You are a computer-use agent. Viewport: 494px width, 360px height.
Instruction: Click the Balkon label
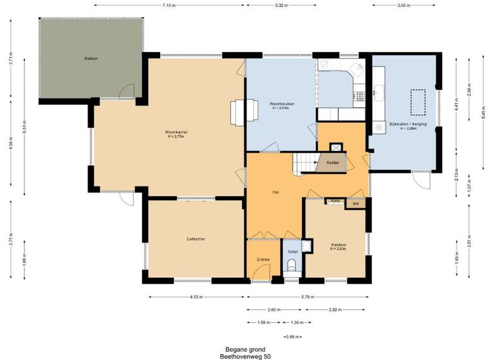[91, 59]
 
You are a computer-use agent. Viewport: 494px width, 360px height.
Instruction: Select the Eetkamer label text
[196, 239]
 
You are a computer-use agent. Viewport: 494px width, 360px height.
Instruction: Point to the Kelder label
[333, 163]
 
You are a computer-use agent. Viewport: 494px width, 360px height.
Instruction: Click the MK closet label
[355, 204]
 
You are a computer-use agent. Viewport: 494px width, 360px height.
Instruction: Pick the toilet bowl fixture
[292, 265]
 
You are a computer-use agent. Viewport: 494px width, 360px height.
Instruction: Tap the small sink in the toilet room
[307, 246]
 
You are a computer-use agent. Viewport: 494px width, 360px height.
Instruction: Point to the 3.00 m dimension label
[403, 5]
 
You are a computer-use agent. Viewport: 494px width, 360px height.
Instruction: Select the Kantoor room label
[339, 245]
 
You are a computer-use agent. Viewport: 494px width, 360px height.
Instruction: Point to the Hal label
[275, 192]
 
